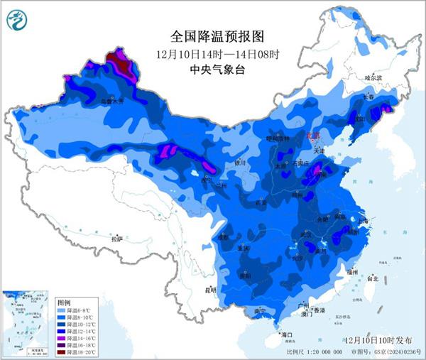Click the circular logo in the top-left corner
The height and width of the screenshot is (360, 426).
[x=16, y=21]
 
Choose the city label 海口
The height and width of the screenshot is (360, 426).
[x=287, y=333]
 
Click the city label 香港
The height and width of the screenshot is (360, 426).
[x=319, y=311]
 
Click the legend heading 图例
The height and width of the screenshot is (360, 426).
[x=64, y=302]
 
